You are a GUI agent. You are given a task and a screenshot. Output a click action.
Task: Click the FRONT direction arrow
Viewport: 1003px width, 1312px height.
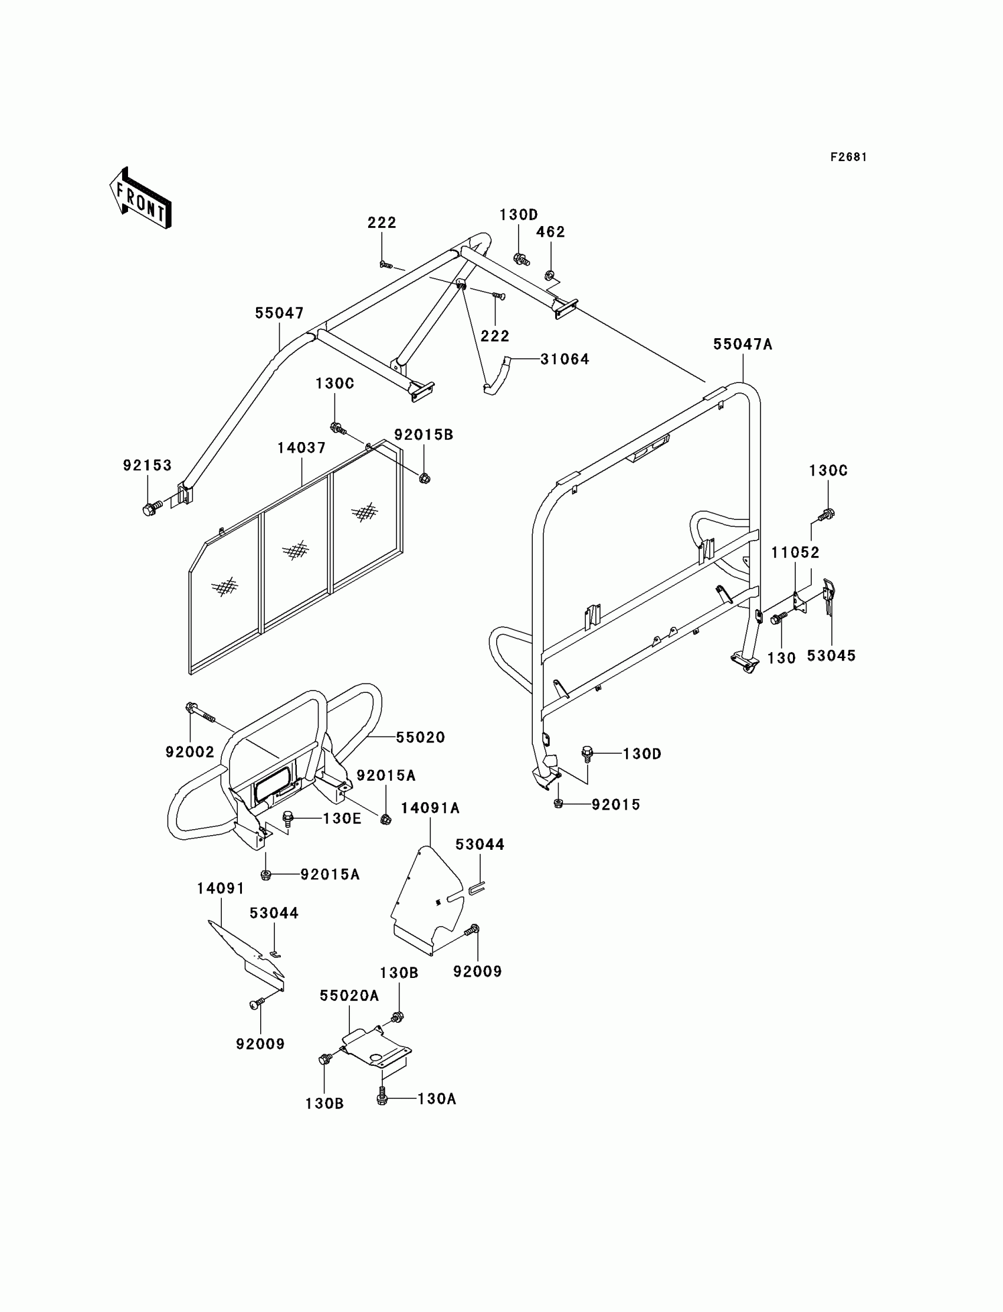pos(141,199)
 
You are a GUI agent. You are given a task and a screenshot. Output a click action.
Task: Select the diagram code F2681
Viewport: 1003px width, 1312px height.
pos(848,157)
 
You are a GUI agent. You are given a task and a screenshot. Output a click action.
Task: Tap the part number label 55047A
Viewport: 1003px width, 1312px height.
pos(743,345)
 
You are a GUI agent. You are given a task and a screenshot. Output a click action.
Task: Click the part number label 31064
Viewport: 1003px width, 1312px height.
pos(564,359)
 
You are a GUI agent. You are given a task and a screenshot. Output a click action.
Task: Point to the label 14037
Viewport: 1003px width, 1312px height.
pos(301,448)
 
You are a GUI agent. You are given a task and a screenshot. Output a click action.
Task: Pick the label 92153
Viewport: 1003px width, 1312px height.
pos(147,465)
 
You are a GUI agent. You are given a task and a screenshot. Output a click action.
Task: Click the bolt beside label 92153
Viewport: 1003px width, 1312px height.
pos(150,509)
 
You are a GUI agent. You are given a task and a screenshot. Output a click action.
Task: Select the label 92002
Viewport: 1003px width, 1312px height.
pos(190,752)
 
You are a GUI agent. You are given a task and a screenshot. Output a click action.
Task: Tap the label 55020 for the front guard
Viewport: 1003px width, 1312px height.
pos(420,738)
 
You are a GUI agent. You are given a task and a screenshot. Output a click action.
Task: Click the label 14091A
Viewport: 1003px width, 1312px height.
pos(430,808)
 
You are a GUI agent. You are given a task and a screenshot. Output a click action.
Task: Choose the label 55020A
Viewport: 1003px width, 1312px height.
pos(349,996)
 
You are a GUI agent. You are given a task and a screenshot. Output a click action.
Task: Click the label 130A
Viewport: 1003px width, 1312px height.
pos(437,1099)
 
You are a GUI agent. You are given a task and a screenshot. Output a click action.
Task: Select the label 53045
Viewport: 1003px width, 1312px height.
pos(831,656)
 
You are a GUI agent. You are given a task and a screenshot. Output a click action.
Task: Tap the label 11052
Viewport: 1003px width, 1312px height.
pos(795,552)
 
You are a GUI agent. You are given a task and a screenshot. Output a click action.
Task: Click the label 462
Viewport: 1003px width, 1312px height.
pos(550,232)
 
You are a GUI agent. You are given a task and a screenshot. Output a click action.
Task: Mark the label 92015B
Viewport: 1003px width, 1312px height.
pos(423,435)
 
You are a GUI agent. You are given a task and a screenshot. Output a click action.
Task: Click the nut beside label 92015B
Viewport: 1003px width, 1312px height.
pos(424,477)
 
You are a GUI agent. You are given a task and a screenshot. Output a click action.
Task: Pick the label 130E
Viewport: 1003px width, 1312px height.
pos(342,818)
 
